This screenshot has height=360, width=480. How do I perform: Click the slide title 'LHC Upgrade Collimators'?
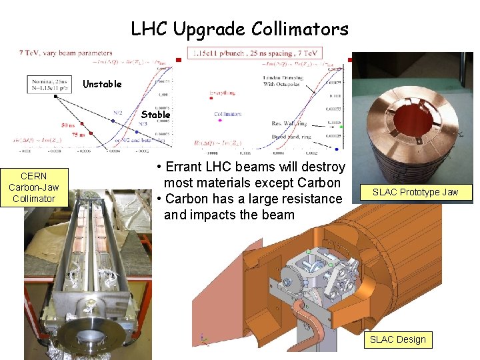239,29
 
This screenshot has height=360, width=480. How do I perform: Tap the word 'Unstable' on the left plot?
102,84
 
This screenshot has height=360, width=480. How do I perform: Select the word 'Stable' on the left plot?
155,115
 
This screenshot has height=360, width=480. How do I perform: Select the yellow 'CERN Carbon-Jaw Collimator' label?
33,187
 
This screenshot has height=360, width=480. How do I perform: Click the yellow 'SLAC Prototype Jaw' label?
415,192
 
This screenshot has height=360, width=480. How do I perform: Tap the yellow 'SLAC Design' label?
397,339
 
